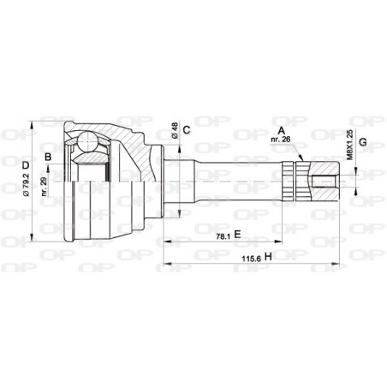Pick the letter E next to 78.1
pyautogui.click(x=238, y=233)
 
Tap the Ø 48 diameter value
pyautogui.click(x=174, y=131)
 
